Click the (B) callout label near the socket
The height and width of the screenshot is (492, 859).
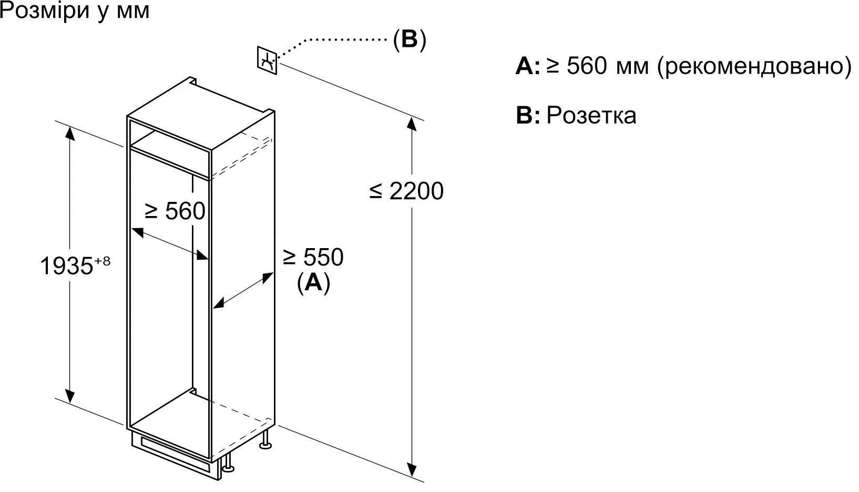click(x=410, y=39)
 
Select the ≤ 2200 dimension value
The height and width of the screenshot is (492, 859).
click(x=406, y=191)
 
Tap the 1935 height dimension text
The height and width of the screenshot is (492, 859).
click(x=66, y=266)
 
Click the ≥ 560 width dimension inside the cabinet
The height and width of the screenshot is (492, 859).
click(x=175, y=211)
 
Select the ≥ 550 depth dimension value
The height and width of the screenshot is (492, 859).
click(x=313, y=257)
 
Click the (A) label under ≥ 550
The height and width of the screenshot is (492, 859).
click(x=313, y=283)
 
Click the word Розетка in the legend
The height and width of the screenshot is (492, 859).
click(x=591, y=115)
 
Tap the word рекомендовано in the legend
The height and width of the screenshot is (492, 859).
click(x=754, y=66)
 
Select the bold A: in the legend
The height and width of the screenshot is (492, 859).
click(x=527, y=67)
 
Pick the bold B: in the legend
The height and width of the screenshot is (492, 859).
click(x=527, y=115)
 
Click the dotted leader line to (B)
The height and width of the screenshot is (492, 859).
click(x=336, y=40)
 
